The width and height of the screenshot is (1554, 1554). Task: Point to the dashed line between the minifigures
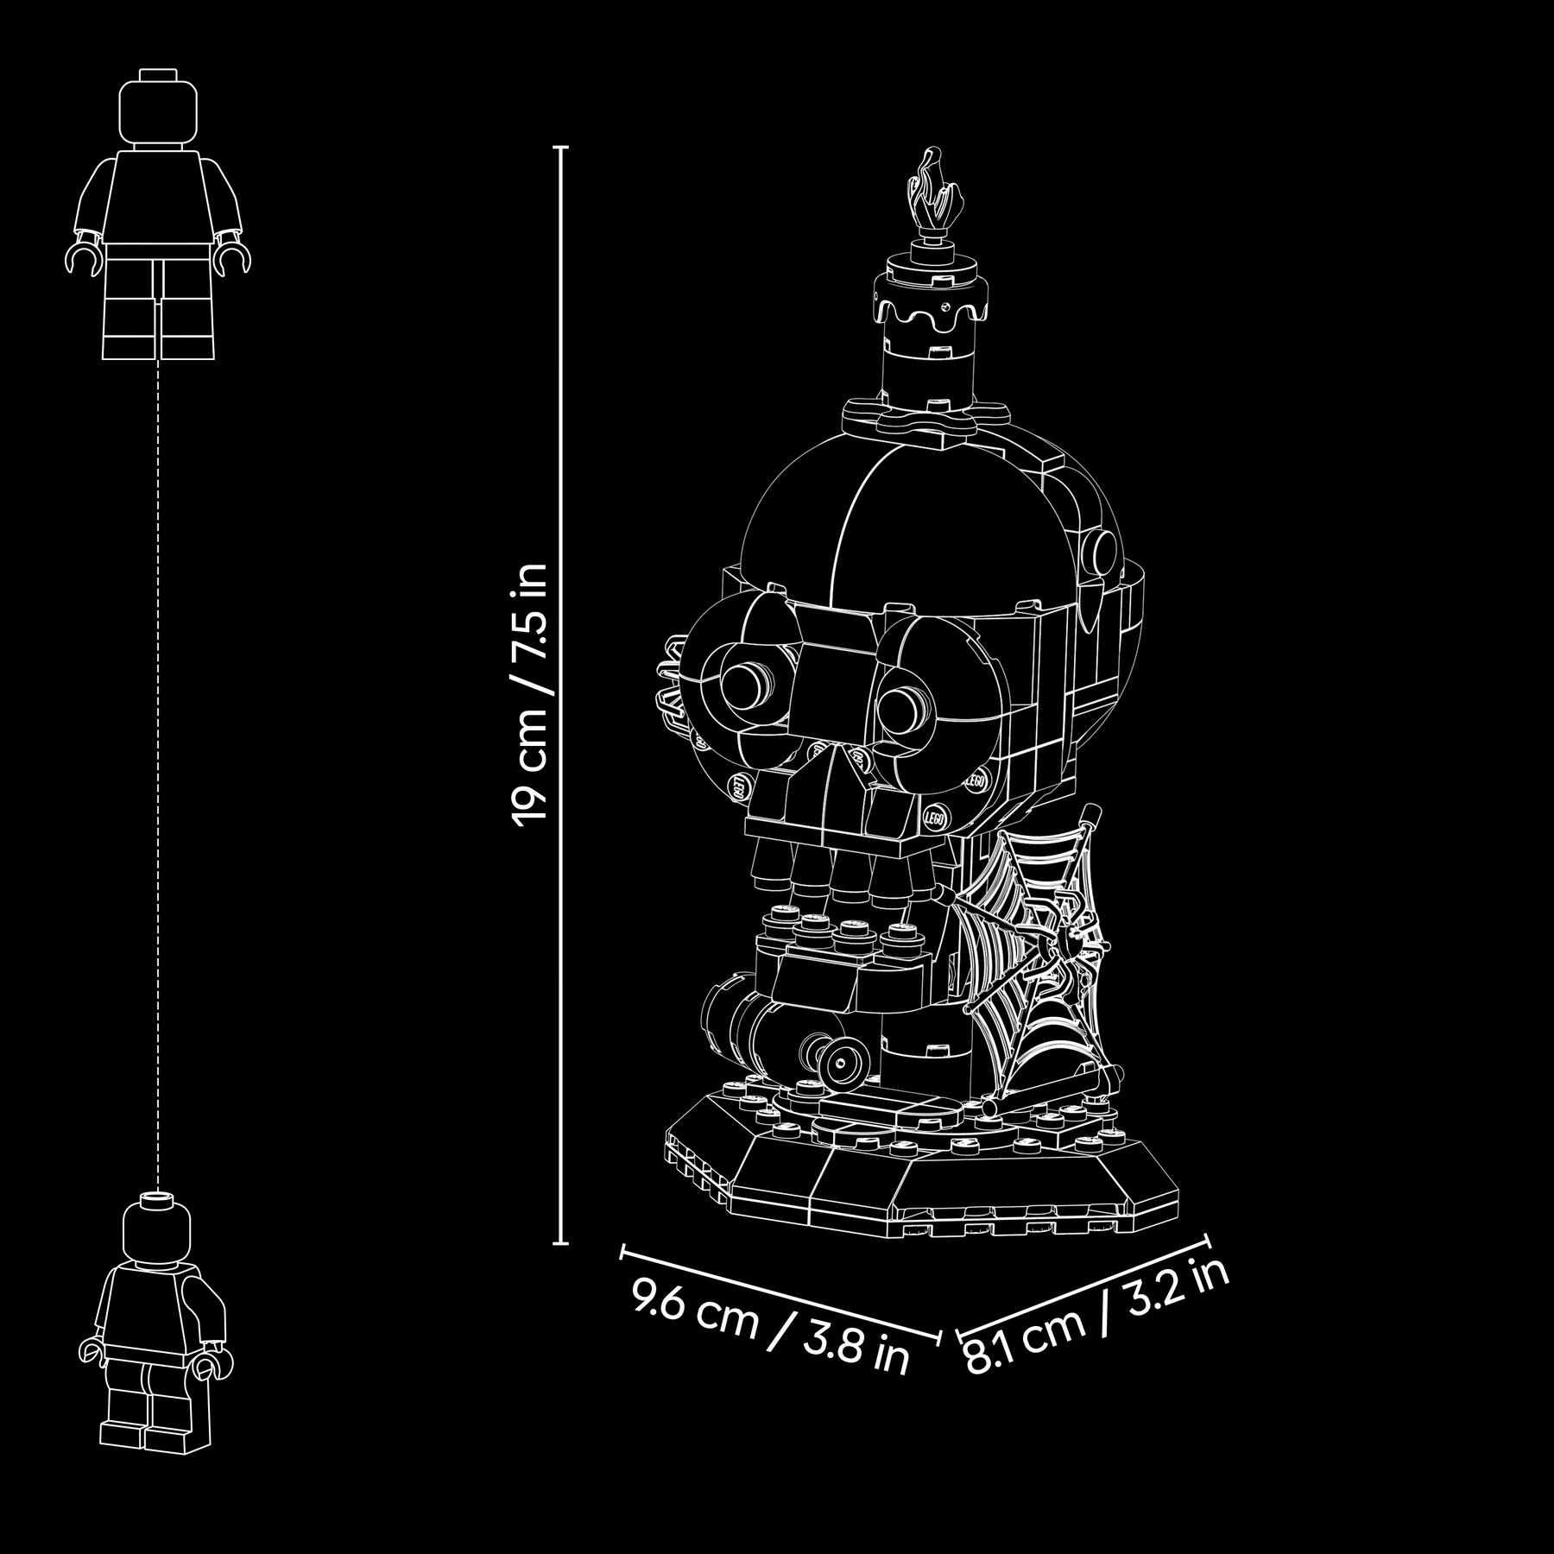click(x=159, y=776)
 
